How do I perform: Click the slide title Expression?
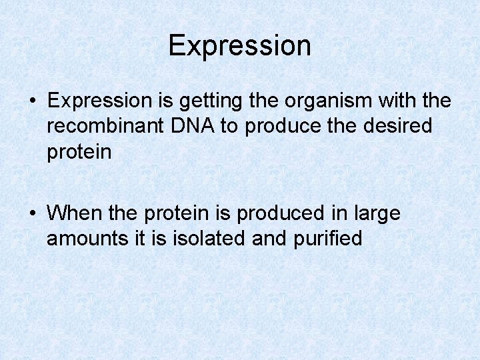tap(239, 46)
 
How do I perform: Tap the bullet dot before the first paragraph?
tap(33, 102)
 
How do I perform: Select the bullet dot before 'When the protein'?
tap(33, 214)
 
